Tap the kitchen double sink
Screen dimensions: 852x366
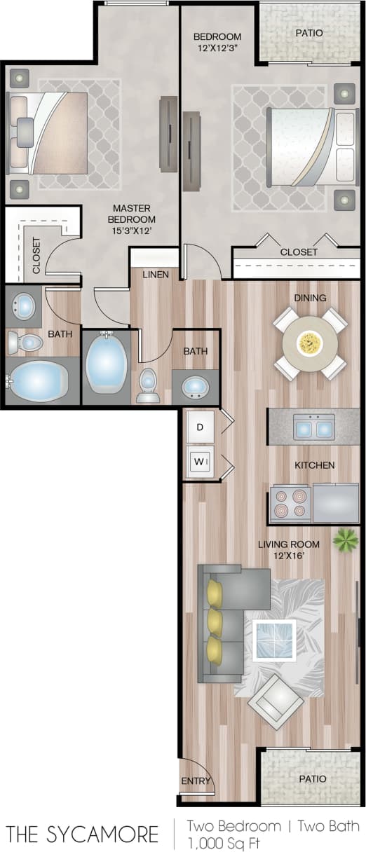tap(313, 427)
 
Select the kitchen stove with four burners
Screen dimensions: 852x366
tap(290, 503)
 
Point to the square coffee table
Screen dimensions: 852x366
tap(275, 638)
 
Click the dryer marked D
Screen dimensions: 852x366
tap(200, 427)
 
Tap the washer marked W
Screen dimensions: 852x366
tap(199, 462)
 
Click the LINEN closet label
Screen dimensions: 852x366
tap(155, 275)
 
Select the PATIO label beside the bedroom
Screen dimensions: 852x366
tap(309, 32)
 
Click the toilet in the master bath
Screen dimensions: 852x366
tap(25, 343)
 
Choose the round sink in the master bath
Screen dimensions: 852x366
tap(25, 305)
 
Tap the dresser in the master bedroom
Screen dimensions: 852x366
tap(168, 133)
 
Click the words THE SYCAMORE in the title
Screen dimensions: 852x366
tap(82, 834)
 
